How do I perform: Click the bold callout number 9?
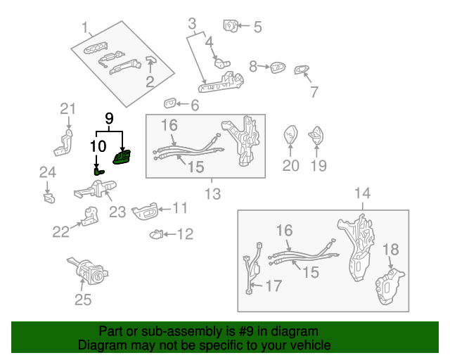click(x=109, y=118)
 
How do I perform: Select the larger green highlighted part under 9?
click(x=123, y=158)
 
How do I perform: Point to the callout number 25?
click(x=83, y=301)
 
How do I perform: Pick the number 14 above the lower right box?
click(x=362, y=193)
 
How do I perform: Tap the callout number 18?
click(x=390, y=249)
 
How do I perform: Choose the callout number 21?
click(x=67, y=108)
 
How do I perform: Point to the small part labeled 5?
click(x=230, y=26)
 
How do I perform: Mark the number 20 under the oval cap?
click(x=290, y=166)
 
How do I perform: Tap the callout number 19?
click(x=319, y=166)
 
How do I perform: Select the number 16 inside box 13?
click(x=169, y=125)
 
